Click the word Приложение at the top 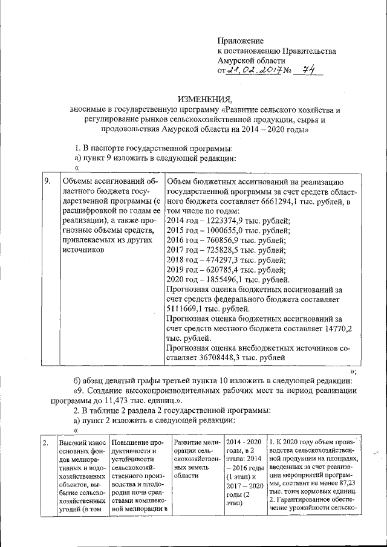[241, 40]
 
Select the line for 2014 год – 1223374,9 [228, 221]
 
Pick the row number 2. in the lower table [46, 443]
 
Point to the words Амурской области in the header [251, 61]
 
